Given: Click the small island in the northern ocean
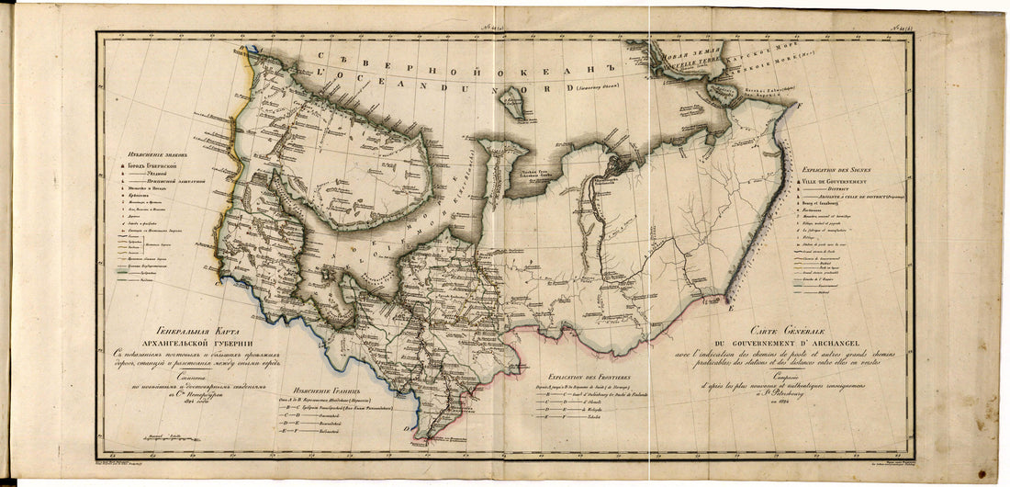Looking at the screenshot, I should click(x=517, y=108).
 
